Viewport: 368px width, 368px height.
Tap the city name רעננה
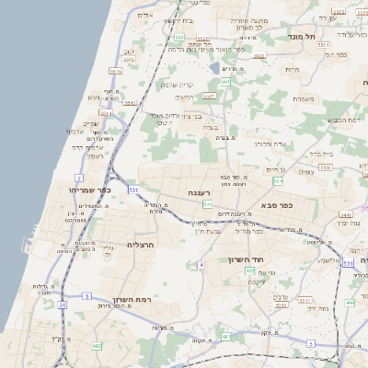[201, 192]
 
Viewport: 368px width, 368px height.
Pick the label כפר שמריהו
[90, 190]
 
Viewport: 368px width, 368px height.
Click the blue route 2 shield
[80, 177]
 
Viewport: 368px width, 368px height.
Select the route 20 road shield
[63, 304]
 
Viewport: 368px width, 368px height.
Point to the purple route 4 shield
[200, 265]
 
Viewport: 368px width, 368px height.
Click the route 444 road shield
[350, 301]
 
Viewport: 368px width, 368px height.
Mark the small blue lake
[214, 67]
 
